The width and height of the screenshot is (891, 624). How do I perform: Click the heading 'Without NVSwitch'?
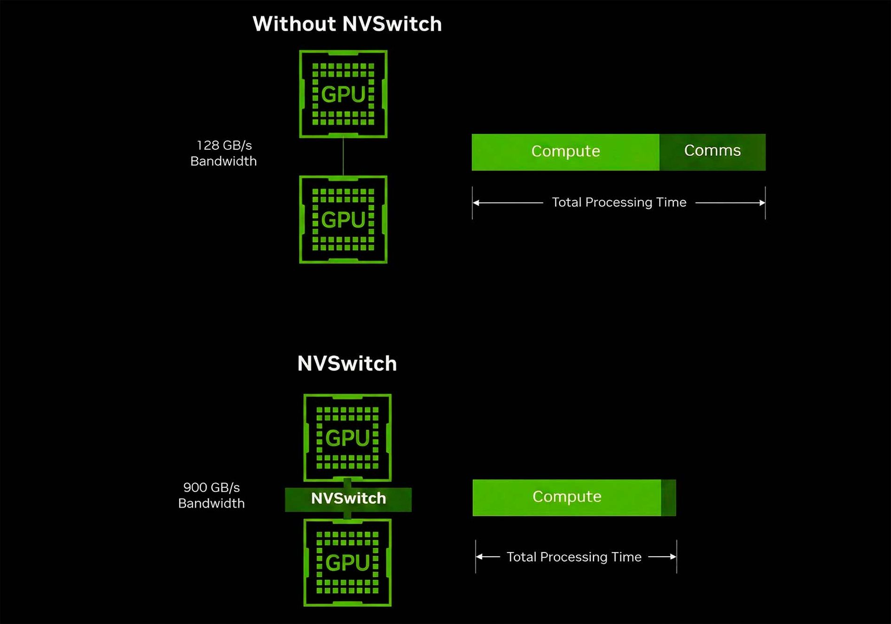point(347,24)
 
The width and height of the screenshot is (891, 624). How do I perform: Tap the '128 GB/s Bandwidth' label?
point(224,153)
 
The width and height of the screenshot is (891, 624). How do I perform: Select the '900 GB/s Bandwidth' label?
point(211,495)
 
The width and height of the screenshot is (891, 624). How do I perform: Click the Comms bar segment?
point(712,152)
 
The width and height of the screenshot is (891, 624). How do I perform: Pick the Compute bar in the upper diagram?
point(565,152)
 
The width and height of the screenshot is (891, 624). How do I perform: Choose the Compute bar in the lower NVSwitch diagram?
point(566,497)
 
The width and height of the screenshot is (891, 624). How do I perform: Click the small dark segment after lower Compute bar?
point(669,498)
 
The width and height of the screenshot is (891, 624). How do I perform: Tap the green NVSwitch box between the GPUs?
point(348,499)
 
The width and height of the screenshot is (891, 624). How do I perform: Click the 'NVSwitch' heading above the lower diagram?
point(347,364)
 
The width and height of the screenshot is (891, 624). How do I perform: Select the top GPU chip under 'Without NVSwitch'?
point(343,94)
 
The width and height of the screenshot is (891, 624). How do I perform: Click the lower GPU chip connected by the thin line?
point(343,219)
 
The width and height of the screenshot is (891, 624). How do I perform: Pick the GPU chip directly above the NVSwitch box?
point(347,437)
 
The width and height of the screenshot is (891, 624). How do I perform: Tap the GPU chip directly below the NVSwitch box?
point(347,562)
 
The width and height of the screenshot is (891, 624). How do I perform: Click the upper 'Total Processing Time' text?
point(619,203)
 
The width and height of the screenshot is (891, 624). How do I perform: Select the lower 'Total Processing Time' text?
point(574,557)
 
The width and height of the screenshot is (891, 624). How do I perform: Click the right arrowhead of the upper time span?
point(762,203)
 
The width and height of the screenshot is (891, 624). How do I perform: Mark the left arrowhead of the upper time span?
point(476,203)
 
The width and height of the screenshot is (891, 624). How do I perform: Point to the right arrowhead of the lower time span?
point(673,557)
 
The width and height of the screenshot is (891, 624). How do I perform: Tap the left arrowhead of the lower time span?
point(479,557)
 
